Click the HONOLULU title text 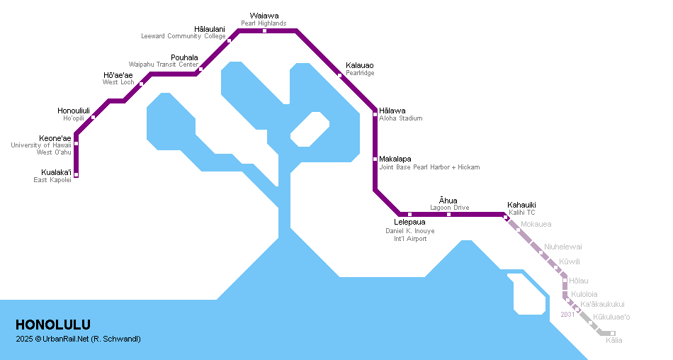[53, 325]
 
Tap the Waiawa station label [264, 15]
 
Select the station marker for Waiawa [264, 30]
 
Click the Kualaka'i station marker [76, 175]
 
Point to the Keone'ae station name [55, 138]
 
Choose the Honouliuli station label [74, 111]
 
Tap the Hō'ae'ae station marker [142, 84]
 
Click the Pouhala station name [184, 57]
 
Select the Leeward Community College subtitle [183, 36]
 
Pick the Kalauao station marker [340, 75]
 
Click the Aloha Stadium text [400, 118]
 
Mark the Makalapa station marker [375, 159]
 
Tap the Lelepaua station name [409, 223]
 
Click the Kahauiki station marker [506, 217]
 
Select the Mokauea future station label [536, 224]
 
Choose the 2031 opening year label [567, 315]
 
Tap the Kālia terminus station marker [613, 333]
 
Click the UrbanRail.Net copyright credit [78, 339]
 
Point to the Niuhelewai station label [563, 247]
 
